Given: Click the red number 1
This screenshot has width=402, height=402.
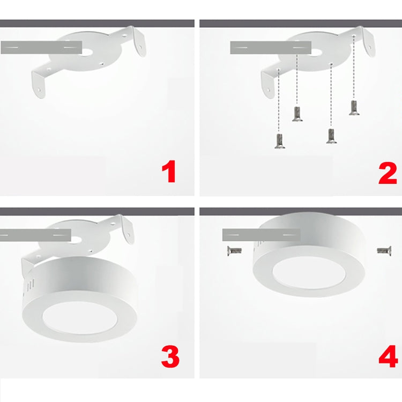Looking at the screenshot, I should tap(169, 173).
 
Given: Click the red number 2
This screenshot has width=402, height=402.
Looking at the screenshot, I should tap(387, 173).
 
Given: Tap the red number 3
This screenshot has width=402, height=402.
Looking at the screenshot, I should tap(170, 357).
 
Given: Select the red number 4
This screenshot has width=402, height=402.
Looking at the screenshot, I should tap(388, 357).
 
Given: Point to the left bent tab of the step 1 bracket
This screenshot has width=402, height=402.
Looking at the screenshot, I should tap(40, 86).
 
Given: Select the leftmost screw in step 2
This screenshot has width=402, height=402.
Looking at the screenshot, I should tap(279, 142).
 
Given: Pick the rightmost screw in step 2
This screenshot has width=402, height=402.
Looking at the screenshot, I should tap(354, 107).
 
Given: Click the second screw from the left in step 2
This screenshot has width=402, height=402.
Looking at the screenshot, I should tap(296, 114).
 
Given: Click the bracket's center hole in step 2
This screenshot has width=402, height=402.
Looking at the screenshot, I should tap(317, 52).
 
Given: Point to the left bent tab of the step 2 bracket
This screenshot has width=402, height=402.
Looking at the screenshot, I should tap(268, 86).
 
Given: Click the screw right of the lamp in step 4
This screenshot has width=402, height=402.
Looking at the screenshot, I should tap(384, 249).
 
